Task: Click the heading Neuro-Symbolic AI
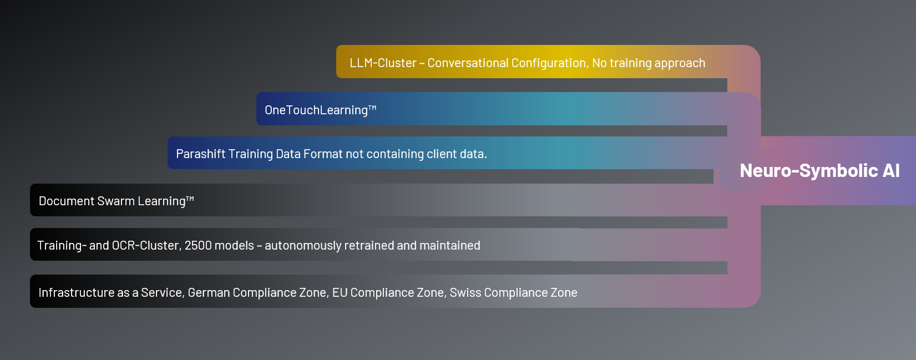[x=819, y=171]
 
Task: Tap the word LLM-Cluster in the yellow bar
[x=383, y=63]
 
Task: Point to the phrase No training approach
[x=649, y=63]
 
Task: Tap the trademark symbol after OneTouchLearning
[x=372, y=108]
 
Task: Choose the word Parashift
[x=200, y=154]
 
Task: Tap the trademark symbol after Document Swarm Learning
[x=190, y=199]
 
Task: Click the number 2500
[x=198, y=246]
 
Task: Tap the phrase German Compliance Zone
[x=259, y=293]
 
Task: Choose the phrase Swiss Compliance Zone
[x=514, y=293]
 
